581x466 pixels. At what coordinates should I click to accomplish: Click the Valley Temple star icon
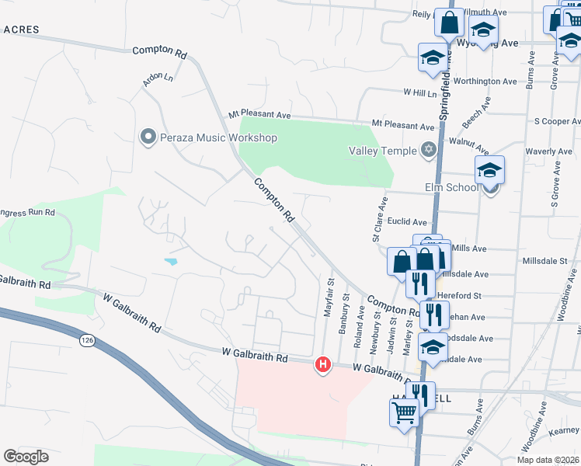[428, 150]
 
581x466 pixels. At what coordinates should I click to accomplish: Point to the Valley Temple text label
[382, 151]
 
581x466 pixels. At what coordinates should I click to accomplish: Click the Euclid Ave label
[409, 222]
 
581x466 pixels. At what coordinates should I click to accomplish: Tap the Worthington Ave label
[485, 81]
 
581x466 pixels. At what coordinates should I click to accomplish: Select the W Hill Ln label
[420, 92]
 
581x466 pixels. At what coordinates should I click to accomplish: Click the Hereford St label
[461, 296]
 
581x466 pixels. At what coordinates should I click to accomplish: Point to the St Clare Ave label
[381, 218]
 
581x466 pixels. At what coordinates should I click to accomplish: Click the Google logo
[26, 457]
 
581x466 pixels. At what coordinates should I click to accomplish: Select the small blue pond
[170, 262]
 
